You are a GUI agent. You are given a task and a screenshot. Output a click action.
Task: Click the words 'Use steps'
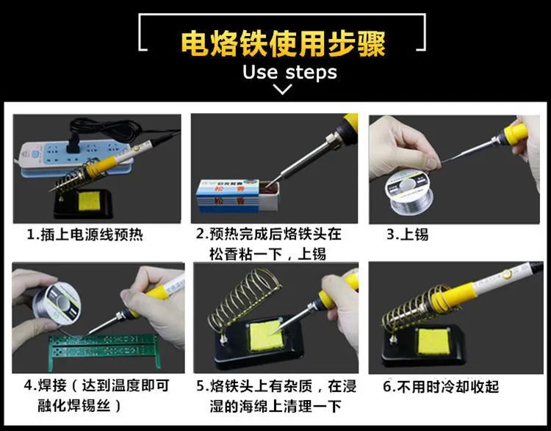[289, 72]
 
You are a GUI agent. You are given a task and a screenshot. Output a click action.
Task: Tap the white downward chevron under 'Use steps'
[282, 90]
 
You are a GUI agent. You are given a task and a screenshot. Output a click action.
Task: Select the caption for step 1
[85, 236]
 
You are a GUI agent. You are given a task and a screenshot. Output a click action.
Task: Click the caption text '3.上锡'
[407, 236]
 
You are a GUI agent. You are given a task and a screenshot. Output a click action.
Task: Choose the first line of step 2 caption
[269, 236]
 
